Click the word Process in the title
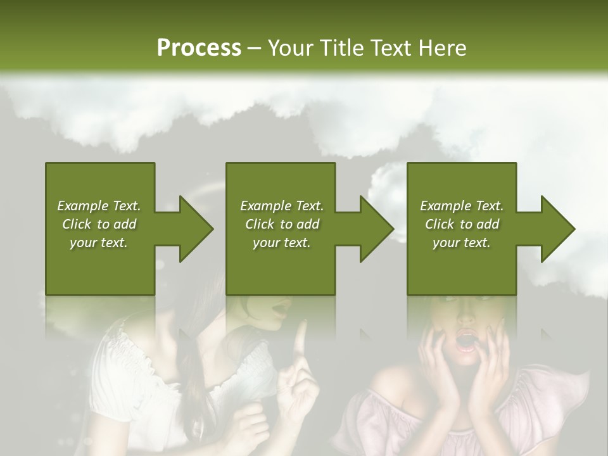coord(199,47)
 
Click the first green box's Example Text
coord(99,206)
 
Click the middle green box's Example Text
coord(282,206)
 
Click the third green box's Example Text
coord(462,206)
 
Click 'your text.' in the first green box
coord(99,243)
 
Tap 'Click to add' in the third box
coord(462,224)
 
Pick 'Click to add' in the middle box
coord(282,224)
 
